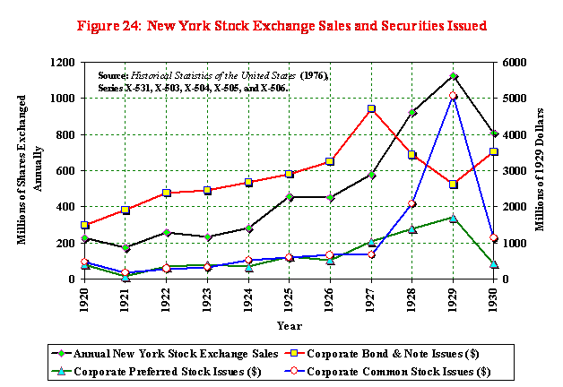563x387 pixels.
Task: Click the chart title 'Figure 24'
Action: pos(281,26)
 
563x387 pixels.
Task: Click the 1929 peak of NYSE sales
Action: pos(454,76)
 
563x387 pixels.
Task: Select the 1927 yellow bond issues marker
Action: pos(370,109)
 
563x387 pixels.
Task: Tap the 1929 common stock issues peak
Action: pos(454,96)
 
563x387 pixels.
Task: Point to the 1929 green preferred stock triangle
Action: pos(454,218)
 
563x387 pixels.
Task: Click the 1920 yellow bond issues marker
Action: pos(84,225)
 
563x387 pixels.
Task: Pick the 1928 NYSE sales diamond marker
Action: pos(411,113)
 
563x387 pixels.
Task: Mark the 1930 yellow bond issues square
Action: pos(494,152)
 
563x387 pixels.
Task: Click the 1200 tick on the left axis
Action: pos(64,63)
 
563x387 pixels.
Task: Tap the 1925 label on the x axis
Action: pos(290,297)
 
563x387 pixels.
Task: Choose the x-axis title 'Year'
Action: pos(289,324)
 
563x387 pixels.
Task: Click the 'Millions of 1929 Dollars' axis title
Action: pos(542,170)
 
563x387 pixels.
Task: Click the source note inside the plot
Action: pos(206,82)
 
